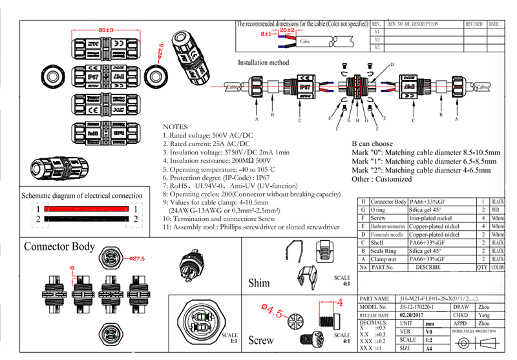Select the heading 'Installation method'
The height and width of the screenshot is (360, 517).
(264, 63)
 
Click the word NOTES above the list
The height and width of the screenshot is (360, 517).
(176, 127)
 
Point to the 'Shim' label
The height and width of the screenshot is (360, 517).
(259, 282)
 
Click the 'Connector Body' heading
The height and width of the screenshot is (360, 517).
(59, 246)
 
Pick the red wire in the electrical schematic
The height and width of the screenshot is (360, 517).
(87, 209)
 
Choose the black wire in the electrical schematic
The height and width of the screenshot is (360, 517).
(87, 220)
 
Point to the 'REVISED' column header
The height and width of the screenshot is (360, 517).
(474, 24)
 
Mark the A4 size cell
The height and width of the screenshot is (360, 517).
(429, 348)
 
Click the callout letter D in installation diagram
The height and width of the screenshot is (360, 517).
(392, 65)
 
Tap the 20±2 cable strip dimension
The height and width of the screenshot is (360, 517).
(288, 30)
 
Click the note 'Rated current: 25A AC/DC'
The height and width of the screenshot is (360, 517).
(207, 143)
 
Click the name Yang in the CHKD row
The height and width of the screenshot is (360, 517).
(483, 315)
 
